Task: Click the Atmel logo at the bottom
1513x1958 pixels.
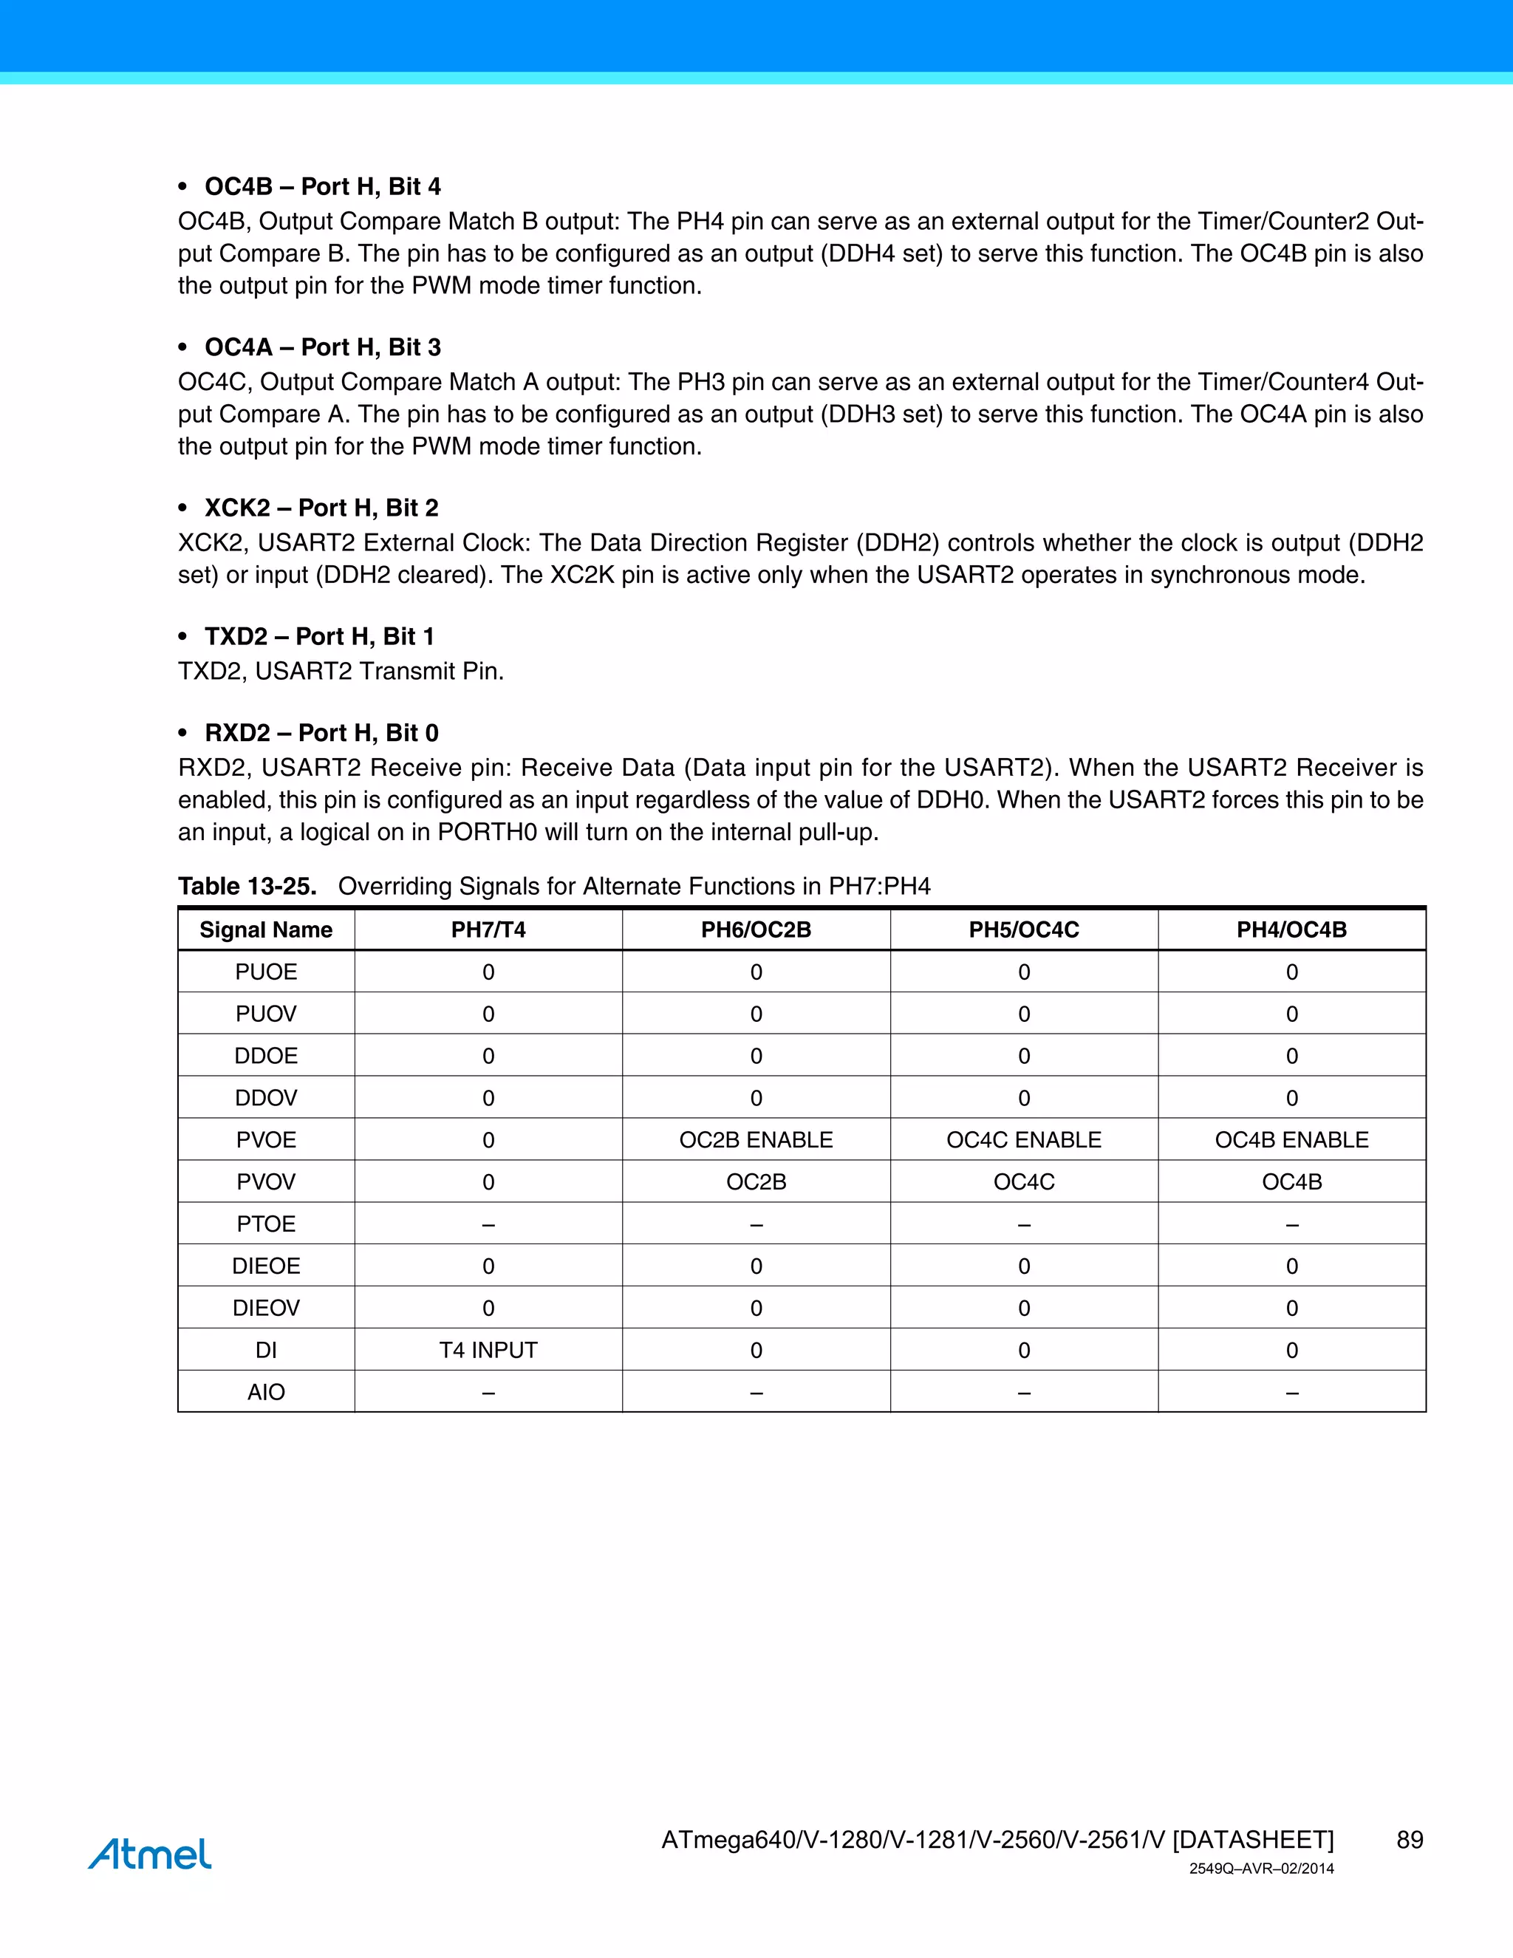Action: pos(150,1853)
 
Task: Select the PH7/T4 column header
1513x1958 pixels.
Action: pos(488,929)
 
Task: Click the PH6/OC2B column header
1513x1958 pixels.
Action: pos(756,929)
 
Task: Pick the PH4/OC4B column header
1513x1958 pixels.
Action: pos(1291,929)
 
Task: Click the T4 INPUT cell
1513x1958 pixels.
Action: pos(488,1350)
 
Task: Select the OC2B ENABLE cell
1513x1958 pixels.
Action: pos(756,1139)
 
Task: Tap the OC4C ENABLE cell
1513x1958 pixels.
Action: pos(1024,1139)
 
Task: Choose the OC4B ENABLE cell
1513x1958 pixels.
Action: pos(1291,1139)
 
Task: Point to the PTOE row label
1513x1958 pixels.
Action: pos(265,1224)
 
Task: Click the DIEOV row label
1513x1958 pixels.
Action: pos(265,1308)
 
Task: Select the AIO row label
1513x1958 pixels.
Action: pos(265,1392)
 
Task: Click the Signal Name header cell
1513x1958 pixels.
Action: pos(265,929)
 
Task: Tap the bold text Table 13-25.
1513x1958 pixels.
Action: pos(247,887)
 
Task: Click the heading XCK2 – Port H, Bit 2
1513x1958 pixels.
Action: pos(321,508)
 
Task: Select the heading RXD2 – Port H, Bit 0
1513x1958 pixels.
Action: pos(321,734)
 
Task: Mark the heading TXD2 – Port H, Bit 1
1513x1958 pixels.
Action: pos(319,636)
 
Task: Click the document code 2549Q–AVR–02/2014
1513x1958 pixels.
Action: pos(1261,1869)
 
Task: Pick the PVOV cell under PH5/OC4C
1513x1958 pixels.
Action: pos(1024,1181)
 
